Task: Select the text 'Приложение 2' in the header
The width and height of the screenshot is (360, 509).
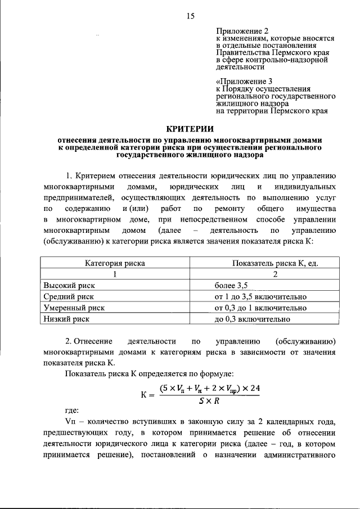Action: point(238,30)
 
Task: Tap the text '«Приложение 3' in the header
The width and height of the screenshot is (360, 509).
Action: point(240,81)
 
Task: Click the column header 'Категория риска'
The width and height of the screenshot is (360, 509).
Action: point(115,263)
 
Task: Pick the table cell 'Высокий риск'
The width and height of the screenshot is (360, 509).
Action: point(66,285)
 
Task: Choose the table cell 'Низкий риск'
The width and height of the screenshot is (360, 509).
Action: point(64,319)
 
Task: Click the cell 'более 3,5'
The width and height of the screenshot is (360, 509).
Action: point(231,285)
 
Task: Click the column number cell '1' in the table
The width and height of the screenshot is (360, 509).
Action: point(115,274)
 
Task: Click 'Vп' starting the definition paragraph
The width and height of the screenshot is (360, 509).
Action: point(70,422)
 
